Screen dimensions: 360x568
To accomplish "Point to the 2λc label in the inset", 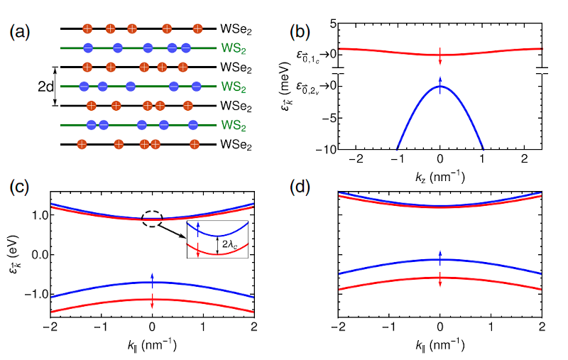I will (x=226, y=243).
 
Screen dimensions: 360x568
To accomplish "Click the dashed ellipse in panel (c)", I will (x=155, y=219).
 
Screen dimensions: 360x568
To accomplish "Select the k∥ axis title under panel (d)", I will (x=440, y=345).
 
